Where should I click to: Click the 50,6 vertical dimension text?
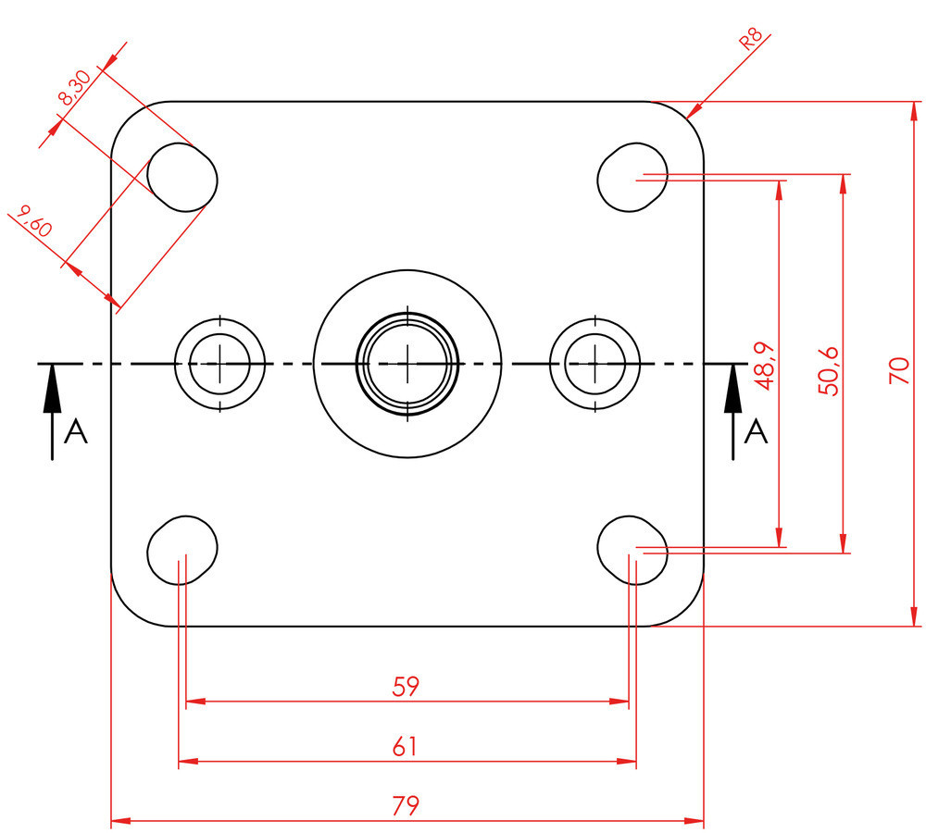829,370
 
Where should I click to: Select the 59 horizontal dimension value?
406,687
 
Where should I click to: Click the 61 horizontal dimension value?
406,747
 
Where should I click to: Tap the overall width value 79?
406,805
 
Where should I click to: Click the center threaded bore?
407,364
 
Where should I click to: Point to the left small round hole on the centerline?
219,364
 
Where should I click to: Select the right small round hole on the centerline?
594,364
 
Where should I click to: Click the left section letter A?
76,431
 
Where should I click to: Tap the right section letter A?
757,431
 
